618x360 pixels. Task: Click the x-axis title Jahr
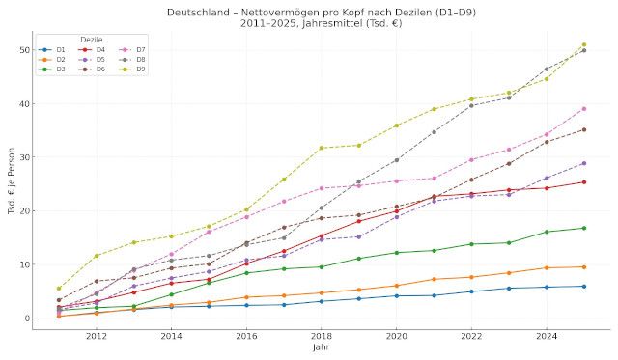coord(321,347)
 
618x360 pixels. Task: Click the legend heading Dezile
coord(92,39)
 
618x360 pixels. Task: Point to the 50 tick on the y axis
coord(20,50)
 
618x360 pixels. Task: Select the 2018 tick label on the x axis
coord(322,336)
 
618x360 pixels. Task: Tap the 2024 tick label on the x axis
coord(547,336)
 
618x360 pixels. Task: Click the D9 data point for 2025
coord(584,44)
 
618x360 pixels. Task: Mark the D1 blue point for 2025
coord(584,286)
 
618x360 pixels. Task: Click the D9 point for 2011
coord(59,288)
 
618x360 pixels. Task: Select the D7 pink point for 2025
coord(584,108)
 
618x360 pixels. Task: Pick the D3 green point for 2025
coord(584,228)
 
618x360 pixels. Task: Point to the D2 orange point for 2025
coord(584,266)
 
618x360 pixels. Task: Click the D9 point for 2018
coord(322,148)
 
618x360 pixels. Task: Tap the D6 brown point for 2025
coord(584,129)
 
